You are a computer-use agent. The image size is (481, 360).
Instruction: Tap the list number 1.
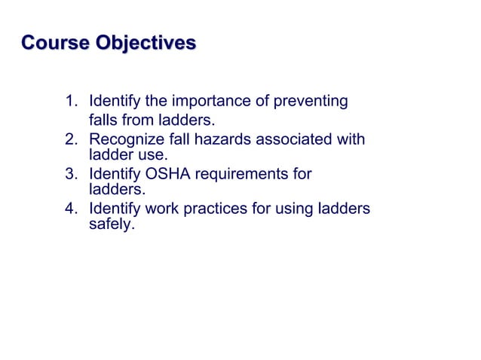[x=70, y=101]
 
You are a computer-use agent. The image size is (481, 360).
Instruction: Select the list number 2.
[x=70, y=139]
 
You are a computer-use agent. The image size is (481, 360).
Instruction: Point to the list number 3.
[x=70, y=175]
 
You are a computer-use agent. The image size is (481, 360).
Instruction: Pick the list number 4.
[x=70, y=209]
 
